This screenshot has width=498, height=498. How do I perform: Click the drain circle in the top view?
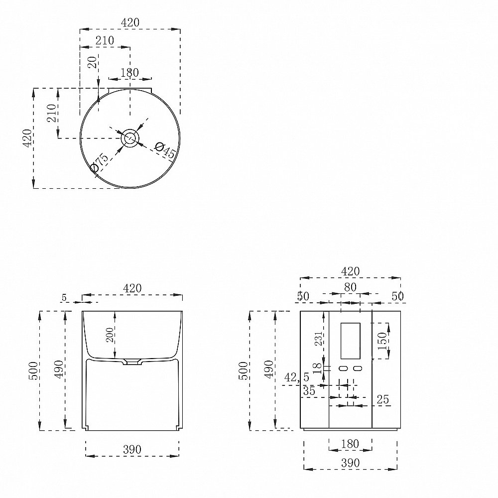click(x=130, y=138)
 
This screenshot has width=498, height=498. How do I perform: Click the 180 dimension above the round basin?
click(x=129, y=73)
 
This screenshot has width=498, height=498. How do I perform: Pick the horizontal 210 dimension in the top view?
click(x=105, y=40)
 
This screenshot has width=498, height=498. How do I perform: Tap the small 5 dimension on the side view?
click(x=64, y=298)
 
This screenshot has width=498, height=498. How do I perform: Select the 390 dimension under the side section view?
click(x=132, y=449)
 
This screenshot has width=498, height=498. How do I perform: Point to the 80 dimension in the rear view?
click(x=350, y=287)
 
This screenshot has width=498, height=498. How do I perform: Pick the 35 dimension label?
click(x=309, y=391)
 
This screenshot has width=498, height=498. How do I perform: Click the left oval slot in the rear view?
click(x=343, y=369)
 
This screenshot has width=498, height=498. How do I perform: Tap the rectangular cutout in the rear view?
click(x=350, y=341)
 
